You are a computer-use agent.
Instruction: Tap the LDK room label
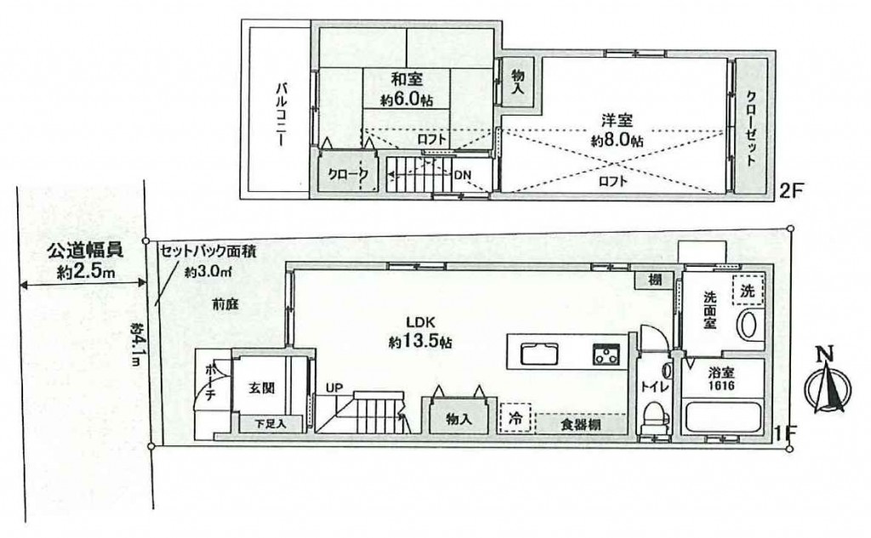(419, 322)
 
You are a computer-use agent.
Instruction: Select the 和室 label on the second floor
(407, 79)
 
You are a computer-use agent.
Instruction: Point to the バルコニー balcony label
(282, 115)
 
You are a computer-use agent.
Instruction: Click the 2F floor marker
(792, 191)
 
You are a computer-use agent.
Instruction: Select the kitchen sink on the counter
(538, 354)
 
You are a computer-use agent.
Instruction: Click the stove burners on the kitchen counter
(606, 354)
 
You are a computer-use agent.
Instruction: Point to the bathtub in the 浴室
(722, 417)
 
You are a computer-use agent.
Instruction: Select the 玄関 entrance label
(260, 388)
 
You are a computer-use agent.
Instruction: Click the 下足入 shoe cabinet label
(270, 424)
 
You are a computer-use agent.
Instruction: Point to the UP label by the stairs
(334, 388)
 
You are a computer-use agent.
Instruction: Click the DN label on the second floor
(463, 175)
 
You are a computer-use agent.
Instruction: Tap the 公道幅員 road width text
(84, 251)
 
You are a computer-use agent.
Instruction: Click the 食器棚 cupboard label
(579, 425)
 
